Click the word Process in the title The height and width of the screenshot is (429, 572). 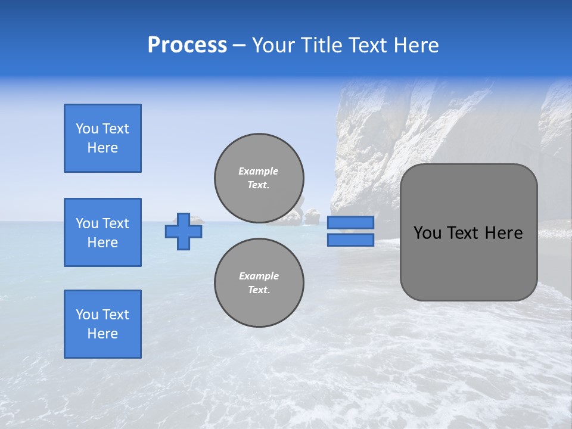point(187,45)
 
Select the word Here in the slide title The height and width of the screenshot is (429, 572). point(415,45)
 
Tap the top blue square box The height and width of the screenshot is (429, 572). point(102,138)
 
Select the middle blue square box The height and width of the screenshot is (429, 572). point(102,232)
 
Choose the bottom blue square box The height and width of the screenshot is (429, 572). point(102,324)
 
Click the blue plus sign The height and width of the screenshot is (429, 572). point(184,231)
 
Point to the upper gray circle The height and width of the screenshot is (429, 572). point(259,178)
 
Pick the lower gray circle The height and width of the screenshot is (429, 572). point(259,283)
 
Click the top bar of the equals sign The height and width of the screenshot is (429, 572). point(350,222)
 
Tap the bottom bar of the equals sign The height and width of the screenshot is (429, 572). point(350,240)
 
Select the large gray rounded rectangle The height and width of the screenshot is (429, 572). point(468,232)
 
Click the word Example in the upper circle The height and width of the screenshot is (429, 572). point(259,171)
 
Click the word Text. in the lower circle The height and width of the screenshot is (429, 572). point(259,290)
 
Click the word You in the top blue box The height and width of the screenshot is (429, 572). point(87,129)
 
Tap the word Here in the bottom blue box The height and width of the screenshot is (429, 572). point(102,334)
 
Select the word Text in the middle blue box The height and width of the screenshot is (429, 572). point(116,223)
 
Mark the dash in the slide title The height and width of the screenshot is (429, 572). point(240,45)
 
